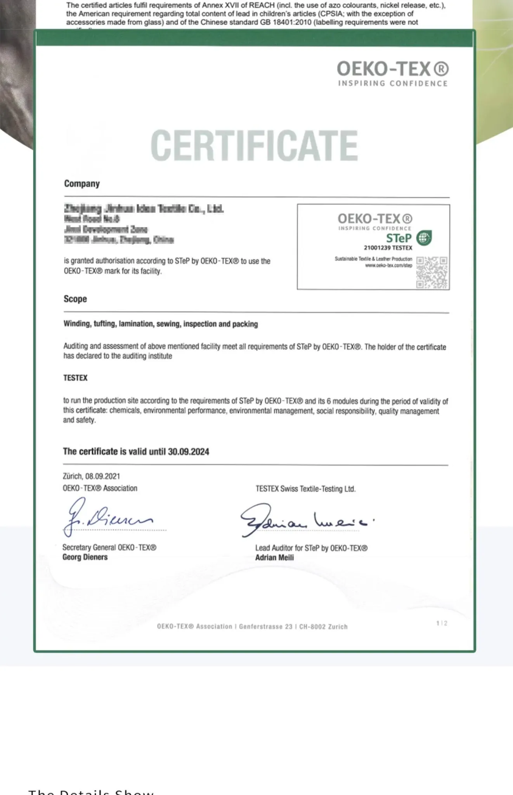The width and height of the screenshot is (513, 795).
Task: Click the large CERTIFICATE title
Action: click(254, 145)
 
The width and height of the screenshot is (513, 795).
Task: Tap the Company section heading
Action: click(82, 184)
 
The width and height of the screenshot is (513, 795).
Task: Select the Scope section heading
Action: click(75, 299)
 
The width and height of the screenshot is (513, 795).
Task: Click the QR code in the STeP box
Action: click(432, 272)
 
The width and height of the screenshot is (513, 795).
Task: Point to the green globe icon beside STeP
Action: click(424, 238)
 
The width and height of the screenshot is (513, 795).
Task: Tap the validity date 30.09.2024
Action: click(189, 451)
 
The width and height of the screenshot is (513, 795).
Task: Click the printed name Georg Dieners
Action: click(85, 557)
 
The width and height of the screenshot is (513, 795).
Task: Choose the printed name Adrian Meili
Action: click(274, 557)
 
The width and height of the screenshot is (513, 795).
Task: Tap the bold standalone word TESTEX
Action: click(75, 378)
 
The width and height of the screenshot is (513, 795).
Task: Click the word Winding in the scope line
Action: click(76, 324)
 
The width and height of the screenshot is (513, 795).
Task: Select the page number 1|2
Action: click(442, 623)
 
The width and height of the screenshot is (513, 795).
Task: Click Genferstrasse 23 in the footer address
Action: click(265, 627)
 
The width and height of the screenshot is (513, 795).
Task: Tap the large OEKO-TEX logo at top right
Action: click(392, 73)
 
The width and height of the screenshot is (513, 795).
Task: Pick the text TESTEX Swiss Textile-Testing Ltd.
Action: click(305, 489)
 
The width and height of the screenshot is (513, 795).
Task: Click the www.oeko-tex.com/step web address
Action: click(388, 266)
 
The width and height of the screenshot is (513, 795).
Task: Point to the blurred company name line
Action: click(144, 209)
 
